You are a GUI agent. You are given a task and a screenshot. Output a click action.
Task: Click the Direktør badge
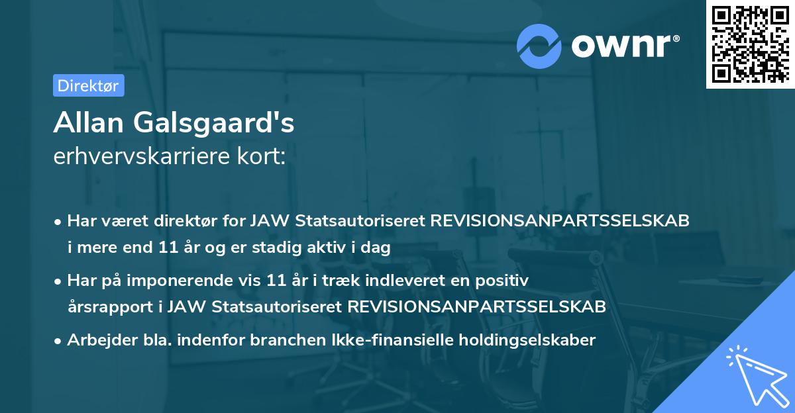pyautogui.click(x=88, y=85)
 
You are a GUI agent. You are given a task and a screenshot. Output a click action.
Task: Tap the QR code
pyautogui.click(x=748, y=44)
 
